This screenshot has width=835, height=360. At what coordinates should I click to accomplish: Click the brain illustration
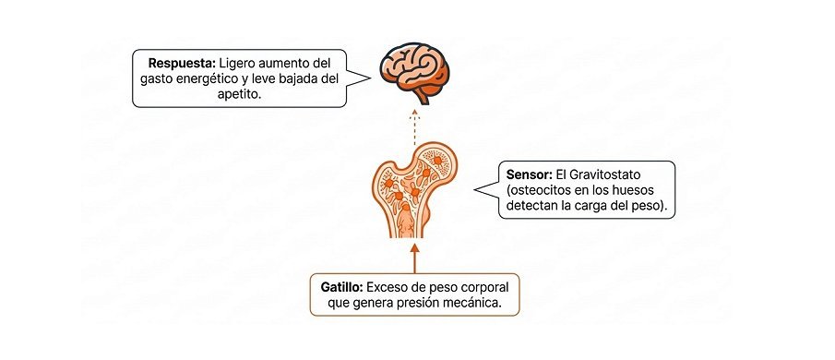coord(414,72)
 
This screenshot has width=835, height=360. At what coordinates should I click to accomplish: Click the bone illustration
coord(412,189)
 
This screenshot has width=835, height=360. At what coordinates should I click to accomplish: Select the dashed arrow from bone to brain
coord(415,126)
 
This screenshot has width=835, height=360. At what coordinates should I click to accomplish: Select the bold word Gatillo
coord(342,288)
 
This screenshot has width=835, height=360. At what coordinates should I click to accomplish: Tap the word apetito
coord(240,94)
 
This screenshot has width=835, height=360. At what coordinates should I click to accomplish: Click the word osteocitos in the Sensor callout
coord(537,190)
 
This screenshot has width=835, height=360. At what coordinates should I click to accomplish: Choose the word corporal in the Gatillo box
coord(485,288)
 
